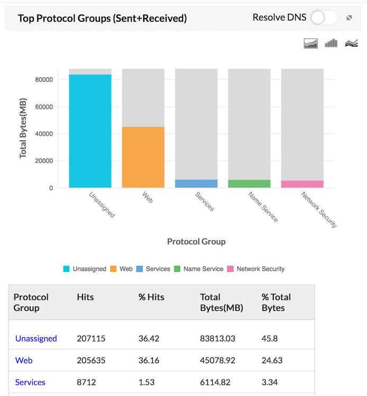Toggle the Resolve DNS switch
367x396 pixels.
324,17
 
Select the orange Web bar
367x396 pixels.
143,157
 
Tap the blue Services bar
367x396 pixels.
196,183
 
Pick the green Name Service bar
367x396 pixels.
249,183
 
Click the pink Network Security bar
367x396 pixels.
302,184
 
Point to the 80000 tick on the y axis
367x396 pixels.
44,80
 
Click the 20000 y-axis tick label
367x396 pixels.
44,161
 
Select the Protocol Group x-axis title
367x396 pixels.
196,242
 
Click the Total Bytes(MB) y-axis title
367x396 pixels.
23,128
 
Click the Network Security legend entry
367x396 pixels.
256,269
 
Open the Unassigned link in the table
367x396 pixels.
36,338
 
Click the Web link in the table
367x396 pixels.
24,360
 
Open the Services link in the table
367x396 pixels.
30,382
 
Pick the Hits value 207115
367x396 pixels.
91,338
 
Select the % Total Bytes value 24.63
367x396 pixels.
272,360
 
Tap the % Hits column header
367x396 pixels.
151,297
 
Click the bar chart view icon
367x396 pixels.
331,43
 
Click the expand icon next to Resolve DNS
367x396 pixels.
349,18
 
